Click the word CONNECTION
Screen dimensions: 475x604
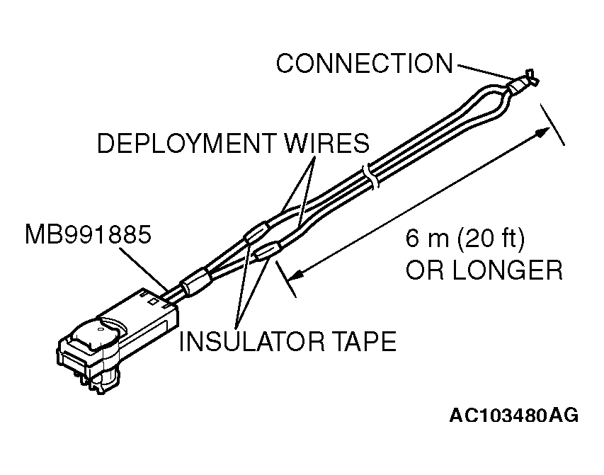pyautogui.click(x=363, y=64)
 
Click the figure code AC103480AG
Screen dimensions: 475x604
pyautogui.click(x=513, y=415)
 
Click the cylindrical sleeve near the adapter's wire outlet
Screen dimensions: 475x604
pyautogui.click(x=195, y=283)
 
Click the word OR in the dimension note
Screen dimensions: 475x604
pyautogui.click(x=419, y=270)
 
